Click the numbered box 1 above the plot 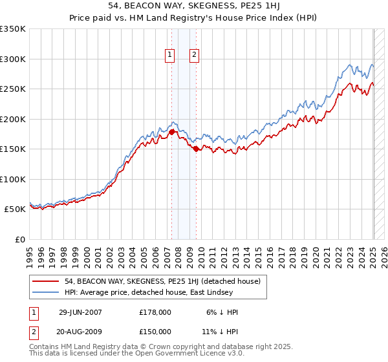[x=169, y=56]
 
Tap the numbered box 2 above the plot [x=194, y=56]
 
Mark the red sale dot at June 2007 [x=172, y=133]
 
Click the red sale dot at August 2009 [x=197, y=149]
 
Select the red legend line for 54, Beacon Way [x=46, y=281]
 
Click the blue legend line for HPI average [x=46, y=293]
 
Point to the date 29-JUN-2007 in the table [x=80, y=312]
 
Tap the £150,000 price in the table [x=155, y=332]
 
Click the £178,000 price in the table [x=155, y=312]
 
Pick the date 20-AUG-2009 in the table [x=80, y=332]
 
